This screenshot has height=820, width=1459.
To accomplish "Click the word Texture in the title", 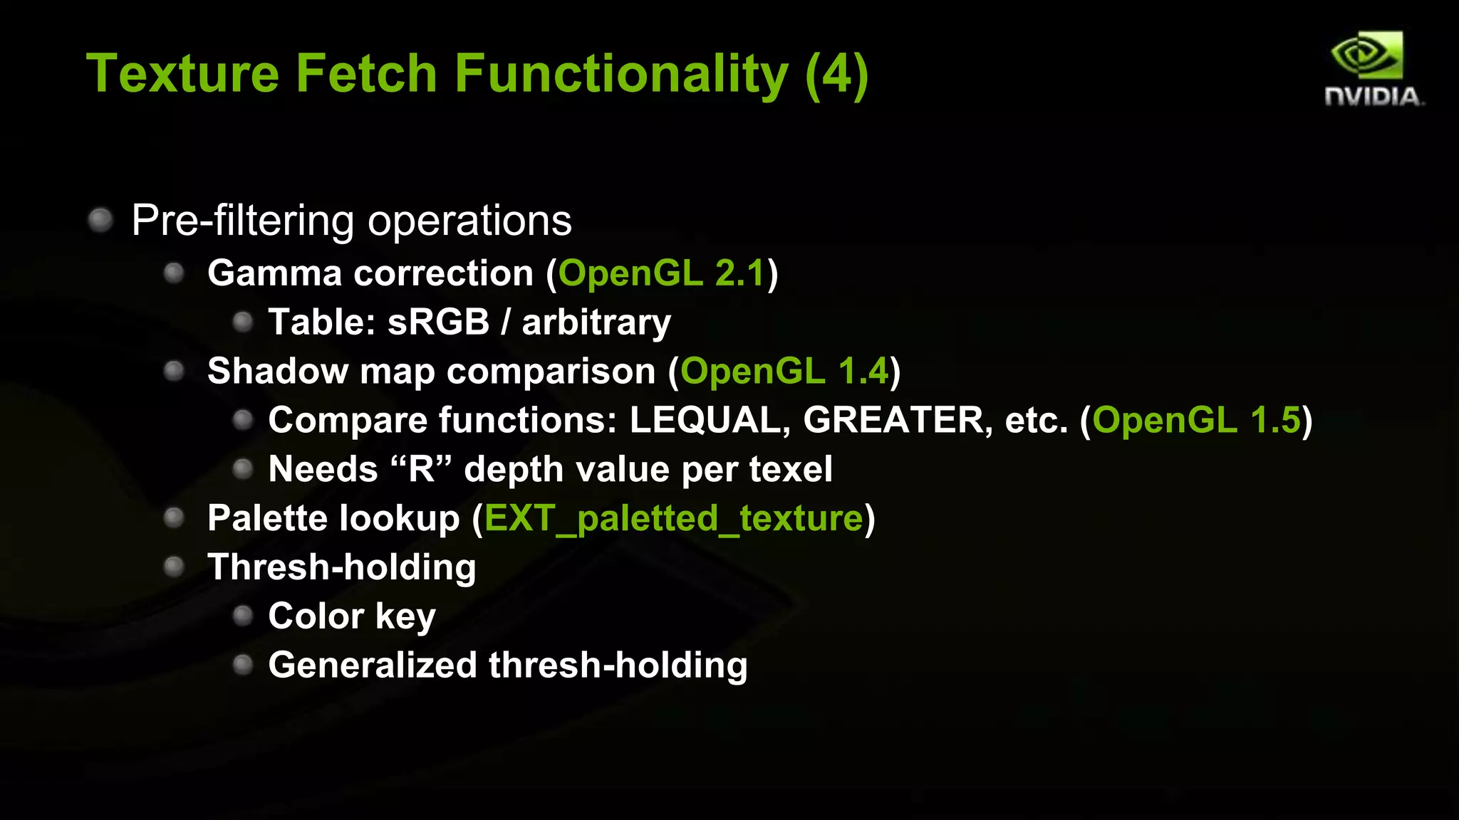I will (182, 74).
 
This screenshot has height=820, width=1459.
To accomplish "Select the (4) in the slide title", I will (836, 74).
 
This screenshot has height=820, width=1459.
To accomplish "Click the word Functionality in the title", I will (621, 74).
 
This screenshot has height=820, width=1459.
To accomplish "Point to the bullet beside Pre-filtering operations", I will (100, 220).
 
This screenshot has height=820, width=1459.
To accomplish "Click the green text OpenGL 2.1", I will (661, 273).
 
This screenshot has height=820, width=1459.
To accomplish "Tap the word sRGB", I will (438, 322).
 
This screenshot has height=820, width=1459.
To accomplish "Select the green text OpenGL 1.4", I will (784, 372).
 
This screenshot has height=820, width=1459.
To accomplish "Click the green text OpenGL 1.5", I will (1197, 420).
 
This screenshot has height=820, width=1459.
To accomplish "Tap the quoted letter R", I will (421, 469).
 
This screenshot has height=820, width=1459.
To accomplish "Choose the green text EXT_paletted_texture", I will (673, 518).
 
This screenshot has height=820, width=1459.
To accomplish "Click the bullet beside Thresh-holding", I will (174, 567).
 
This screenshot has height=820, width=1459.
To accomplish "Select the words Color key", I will (351, 616).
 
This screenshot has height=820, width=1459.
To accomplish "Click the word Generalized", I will (372, 666).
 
